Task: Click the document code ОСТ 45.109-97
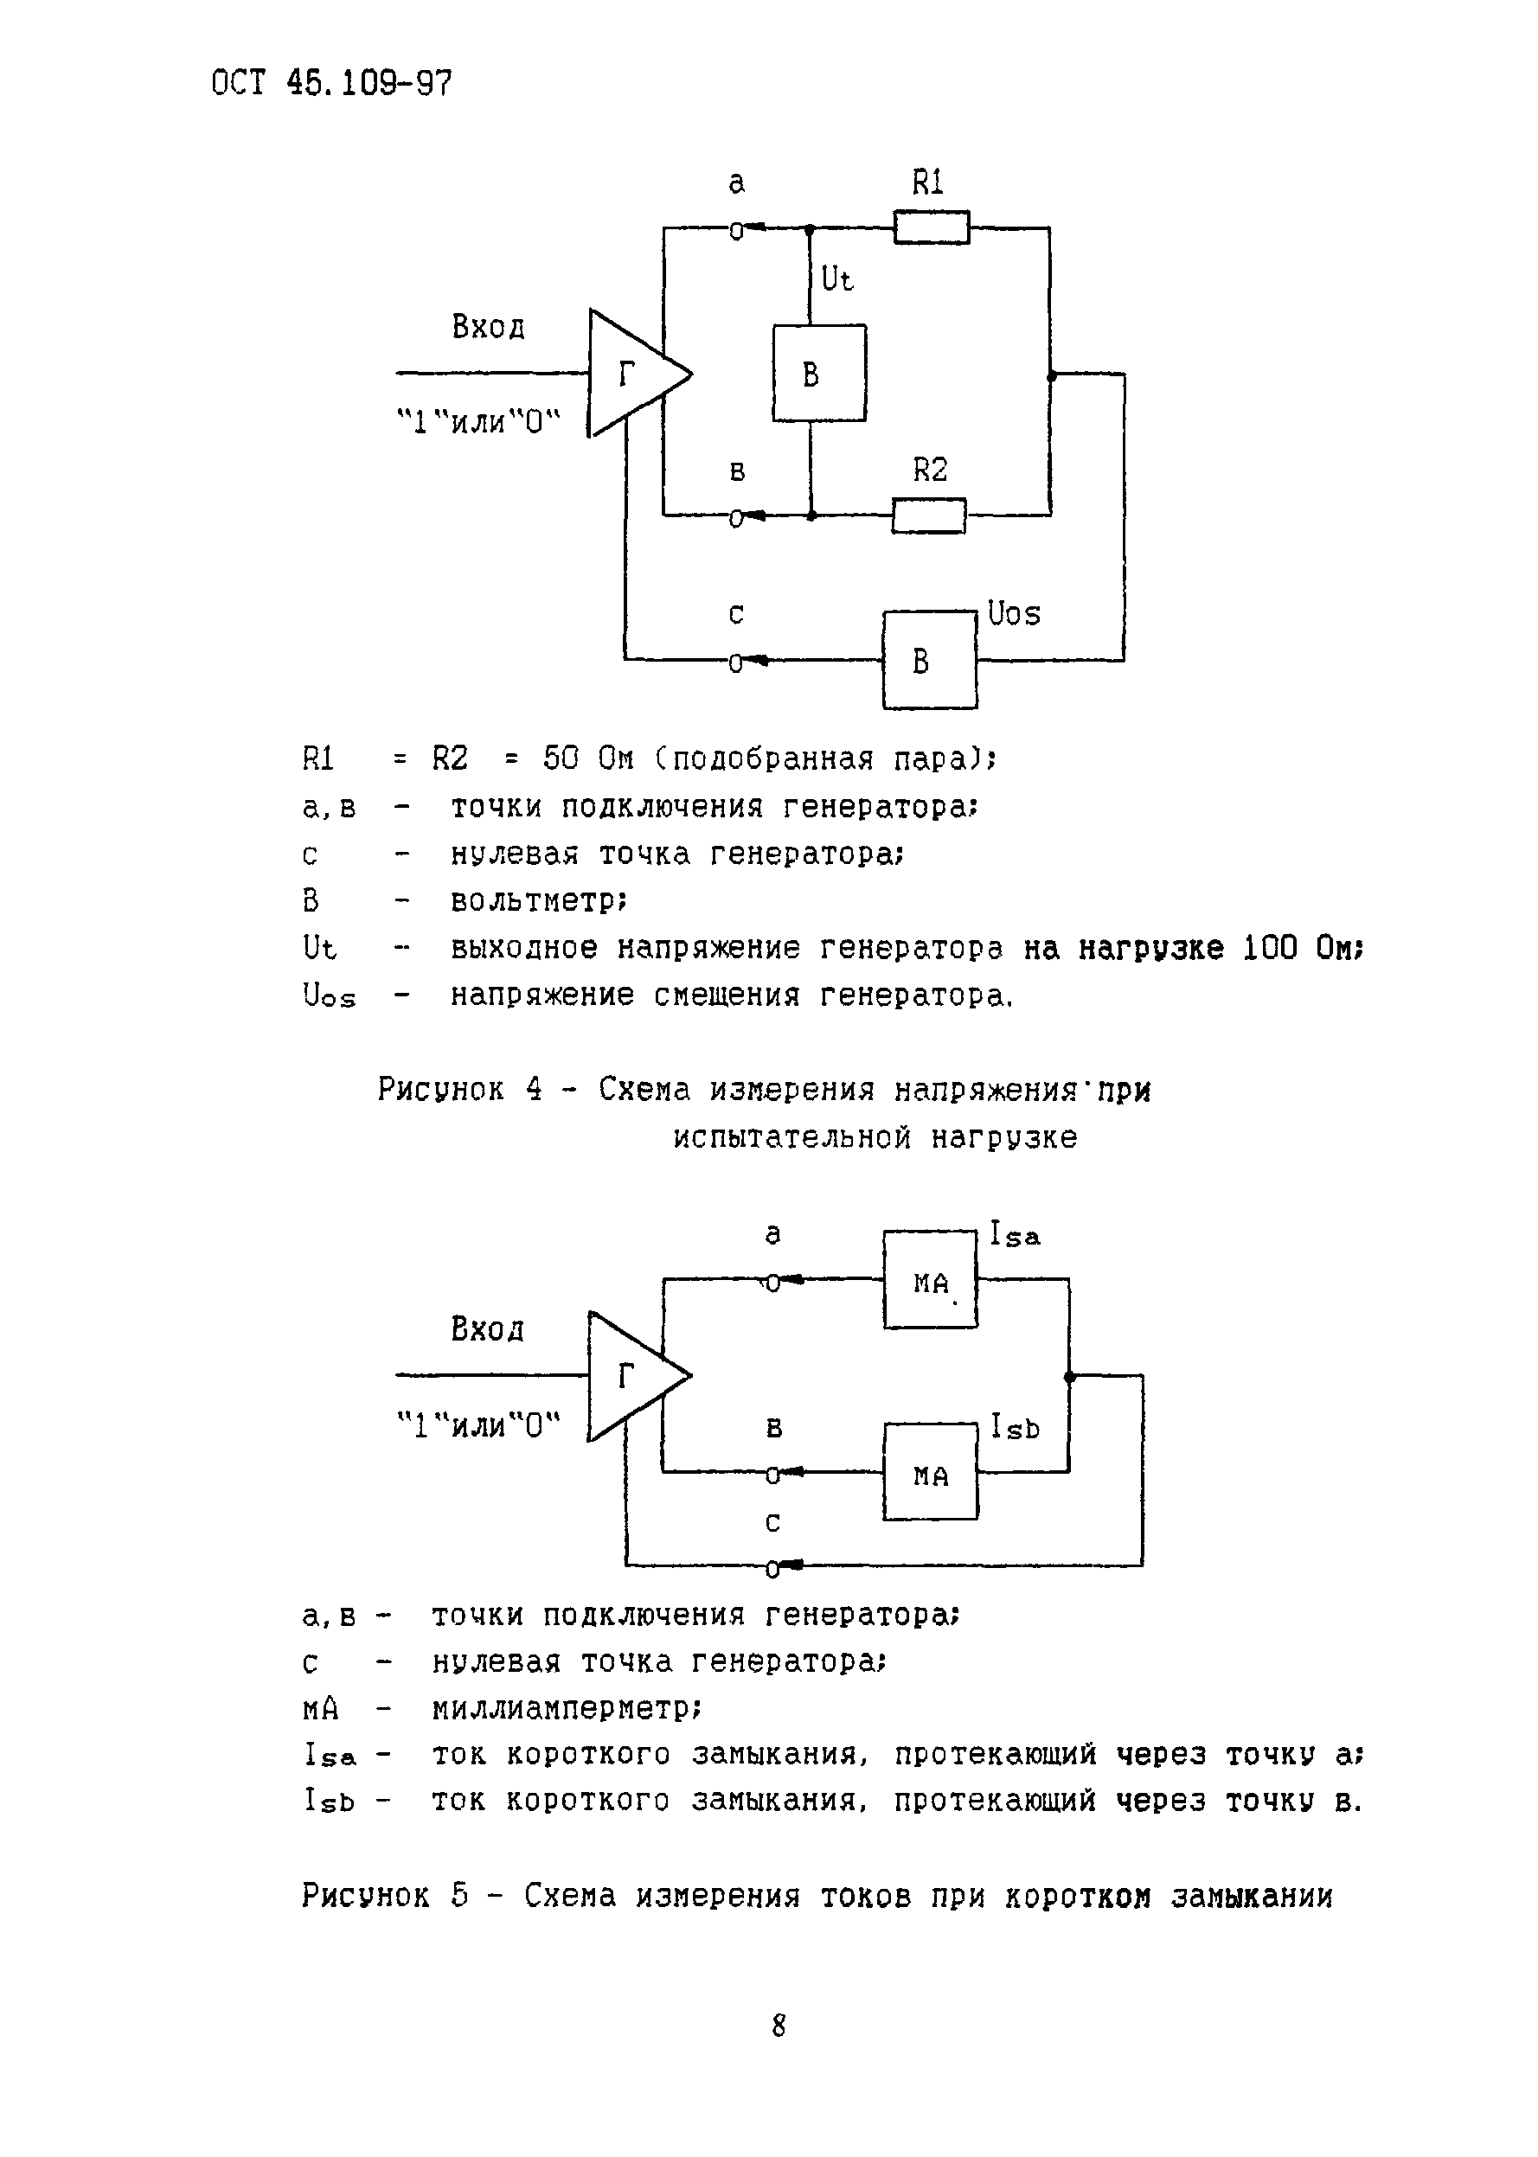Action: tap(330, 83)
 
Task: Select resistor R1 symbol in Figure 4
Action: tap(931, 228)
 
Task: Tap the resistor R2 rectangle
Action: tap(928, 516)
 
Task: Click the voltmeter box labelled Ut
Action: tap(819, 373)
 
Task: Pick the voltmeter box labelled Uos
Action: tap(929, 660)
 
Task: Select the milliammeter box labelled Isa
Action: tap(930, 1279)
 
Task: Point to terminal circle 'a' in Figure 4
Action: tap(736, 230)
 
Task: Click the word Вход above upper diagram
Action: tap(488, 328)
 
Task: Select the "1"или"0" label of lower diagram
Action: tap(478, 1424)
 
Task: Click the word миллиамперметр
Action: tap(566, 1709)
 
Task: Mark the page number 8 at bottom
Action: tap(779, 2026)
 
